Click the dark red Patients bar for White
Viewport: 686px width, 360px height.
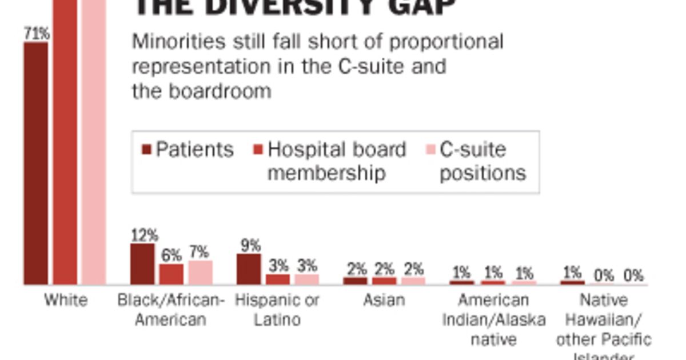point(35,163)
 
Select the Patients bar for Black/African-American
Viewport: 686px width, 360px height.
point(142,263)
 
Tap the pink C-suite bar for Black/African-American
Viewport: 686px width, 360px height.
point(201,272)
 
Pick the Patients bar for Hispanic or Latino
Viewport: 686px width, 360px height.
point(249,269)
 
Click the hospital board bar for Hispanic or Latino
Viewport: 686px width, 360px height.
point(278,279)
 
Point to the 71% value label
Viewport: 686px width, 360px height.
point(36,33)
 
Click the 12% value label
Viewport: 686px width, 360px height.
point(143,235)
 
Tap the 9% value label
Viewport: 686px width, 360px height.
point(249,245)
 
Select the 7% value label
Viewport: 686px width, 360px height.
point(200,251)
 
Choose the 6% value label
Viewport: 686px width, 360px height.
point(171,255)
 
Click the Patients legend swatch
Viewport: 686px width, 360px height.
point(146,150)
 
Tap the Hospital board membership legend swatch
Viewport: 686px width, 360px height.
point(258,150)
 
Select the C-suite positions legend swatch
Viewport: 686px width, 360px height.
point(430,150)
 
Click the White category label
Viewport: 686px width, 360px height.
point(66,300)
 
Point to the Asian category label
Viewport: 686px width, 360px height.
point(384,300)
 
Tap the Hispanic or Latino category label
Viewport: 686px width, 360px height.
point(277,309)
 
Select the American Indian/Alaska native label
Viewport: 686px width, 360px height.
point(493,319)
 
